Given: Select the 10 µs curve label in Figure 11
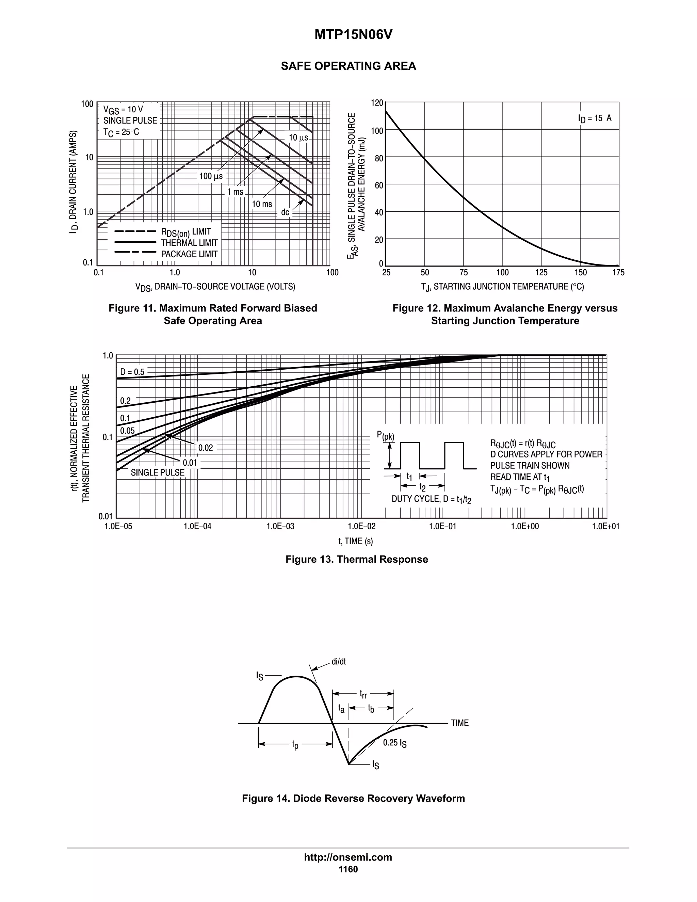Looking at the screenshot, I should (x=298, y=138).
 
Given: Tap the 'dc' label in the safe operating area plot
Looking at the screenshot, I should (x=285, y=212).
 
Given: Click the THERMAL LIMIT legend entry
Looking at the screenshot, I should (x=189, y=243).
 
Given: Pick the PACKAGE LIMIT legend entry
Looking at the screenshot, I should (x=189, y=254).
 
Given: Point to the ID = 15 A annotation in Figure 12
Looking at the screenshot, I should (x=595, y=118).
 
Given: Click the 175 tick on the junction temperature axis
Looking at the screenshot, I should (x=618, y=273).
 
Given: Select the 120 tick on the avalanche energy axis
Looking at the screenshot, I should (x=377, y=103).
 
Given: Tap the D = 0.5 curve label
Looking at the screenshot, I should (x=132, y=372).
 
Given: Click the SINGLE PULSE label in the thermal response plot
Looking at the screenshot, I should (x=157, y=472).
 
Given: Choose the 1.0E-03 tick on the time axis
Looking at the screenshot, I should (x=280, y=526).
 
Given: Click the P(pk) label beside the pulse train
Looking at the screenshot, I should (x=385, y=436).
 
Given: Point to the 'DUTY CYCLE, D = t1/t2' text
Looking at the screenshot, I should (x=431, y=499).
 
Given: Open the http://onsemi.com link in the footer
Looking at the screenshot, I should (x=348, y=857).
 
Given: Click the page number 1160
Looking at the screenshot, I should (x=348, y=869).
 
